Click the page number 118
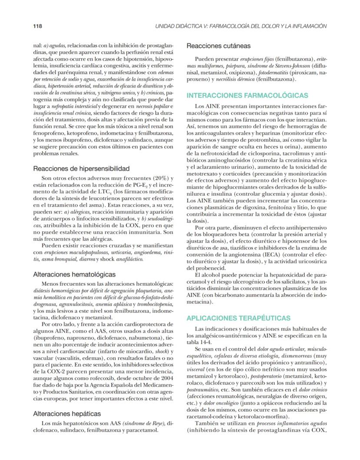pos(38,26)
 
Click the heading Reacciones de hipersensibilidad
pos(81,168)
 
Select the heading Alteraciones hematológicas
pos(74,274)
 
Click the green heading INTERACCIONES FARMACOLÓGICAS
pos(247,95)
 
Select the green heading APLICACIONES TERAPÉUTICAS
pos(238,318)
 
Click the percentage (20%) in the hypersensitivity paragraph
pos(152,178)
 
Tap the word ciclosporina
pos(253,154)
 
